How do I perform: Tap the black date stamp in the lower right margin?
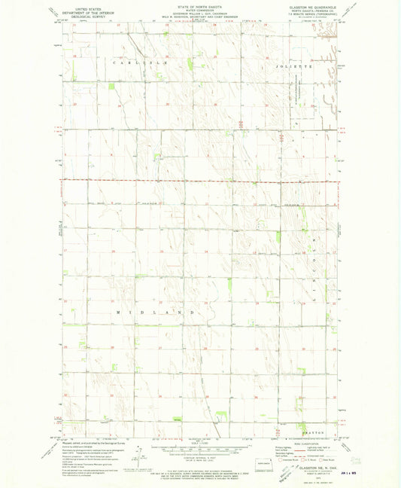coord(351,471)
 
